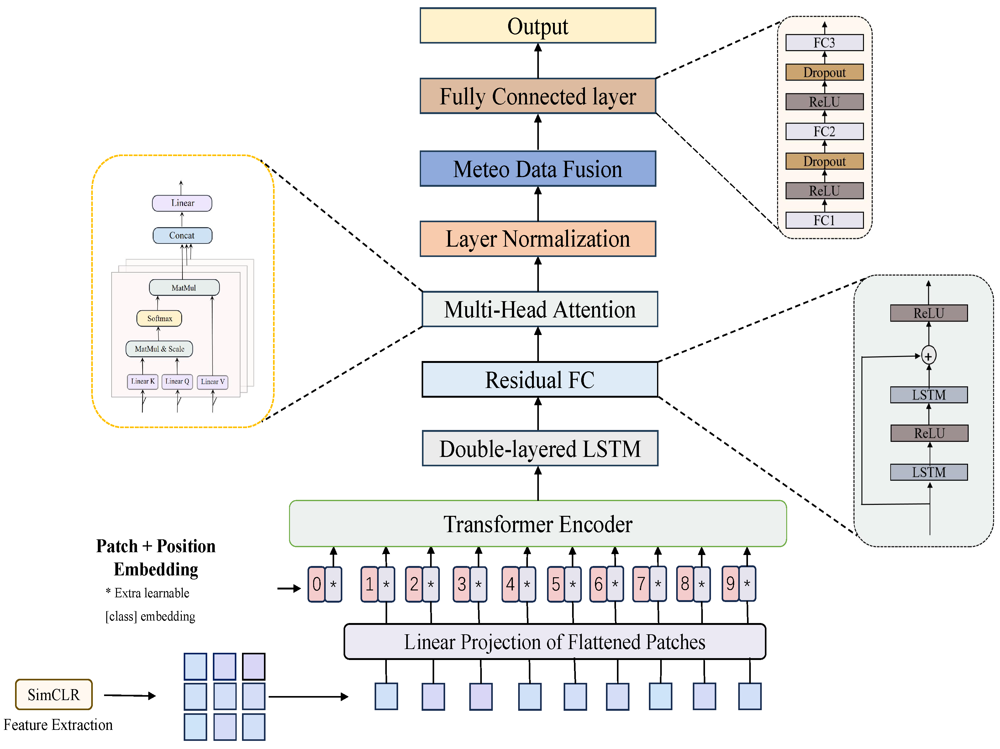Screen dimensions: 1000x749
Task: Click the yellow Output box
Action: [538, 26]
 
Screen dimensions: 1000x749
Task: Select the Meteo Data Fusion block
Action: [538, 169]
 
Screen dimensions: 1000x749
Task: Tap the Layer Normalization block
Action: [538, 239]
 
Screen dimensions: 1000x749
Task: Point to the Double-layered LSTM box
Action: [540, 448]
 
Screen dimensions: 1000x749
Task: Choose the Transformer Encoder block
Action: [538, 523]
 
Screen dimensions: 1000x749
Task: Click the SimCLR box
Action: [54, 694]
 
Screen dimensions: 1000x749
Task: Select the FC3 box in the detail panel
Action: [824, 43]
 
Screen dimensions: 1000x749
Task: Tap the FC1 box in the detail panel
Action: [824, 220]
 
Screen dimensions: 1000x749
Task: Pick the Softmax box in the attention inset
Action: [159, 318]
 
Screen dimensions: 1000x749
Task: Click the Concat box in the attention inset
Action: [182, 235]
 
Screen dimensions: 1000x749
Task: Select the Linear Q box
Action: [177, 381]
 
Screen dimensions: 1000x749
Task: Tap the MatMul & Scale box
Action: [159, 348]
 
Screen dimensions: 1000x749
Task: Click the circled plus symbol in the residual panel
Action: [929, 356]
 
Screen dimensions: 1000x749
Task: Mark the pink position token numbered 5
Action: [555, 584]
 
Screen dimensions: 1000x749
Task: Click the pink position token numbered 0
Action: [316, 584]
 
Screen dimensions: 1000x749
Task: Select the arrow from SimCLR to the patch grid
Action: [130, 696]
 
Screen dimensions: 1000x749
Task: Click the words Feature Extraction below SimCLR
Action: [58, 725]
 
